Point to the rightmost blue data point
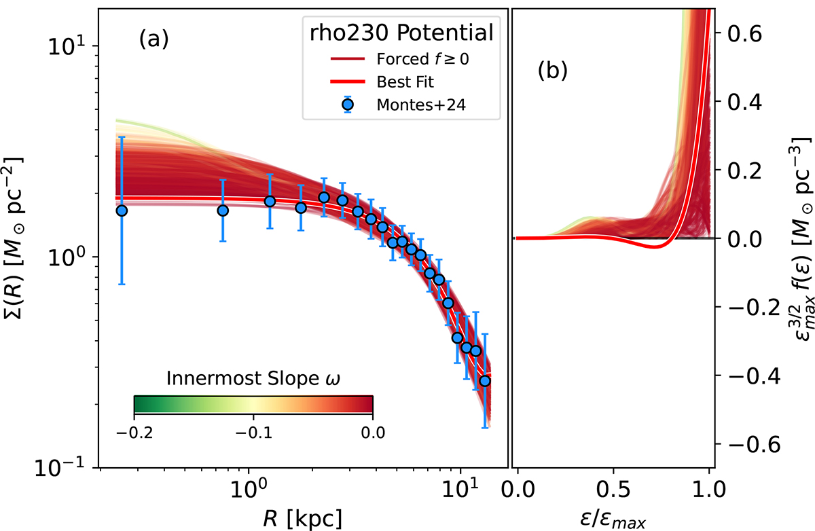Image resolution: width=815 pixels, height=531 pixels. click(x=485, y=381)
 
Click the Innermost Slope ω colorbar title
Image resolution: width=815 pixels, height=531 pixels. click(x=253, y=378)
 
